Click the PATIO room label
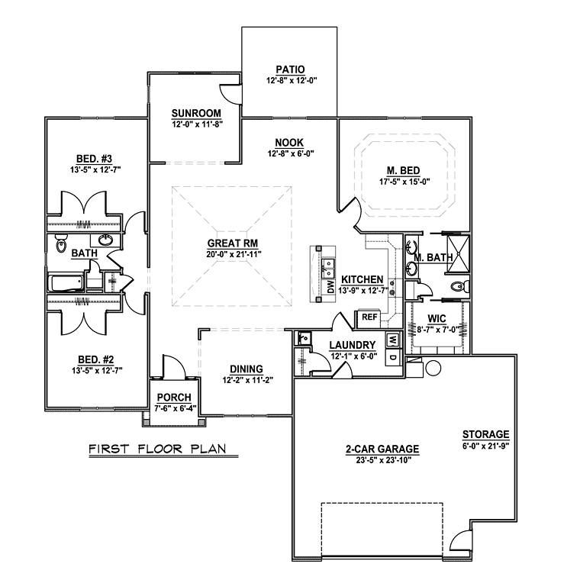(290, 69)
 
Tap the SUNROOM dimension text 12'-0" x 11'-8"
(197, 124)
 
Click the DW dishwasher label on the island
(330, 287)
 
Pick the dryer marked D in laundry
(393, 358)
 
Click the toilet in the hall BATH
(60, 243)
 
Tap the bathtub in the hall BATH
(66, 283)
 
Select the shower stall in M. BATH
(459, 253)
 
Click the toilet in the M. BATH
(460, 286)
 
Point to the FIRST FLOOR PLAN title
(157, 449)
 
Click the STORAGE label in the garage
(485, 434)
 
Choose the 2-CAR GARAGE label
(382, 449)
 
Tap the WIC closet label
(437, 318)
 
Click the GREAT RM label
(233, 243)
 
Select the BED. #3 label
(95, 159)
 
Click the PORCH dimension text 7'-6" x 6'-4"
(175, 408)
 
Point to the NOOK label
(289, 143)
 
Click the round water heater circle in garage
(433, 368)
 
